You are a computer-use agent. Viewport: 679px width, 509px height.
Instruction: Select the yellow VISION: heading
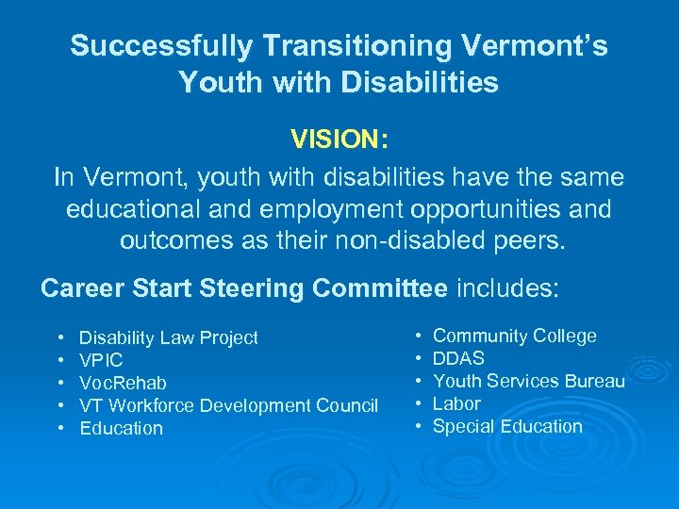coord(339,140)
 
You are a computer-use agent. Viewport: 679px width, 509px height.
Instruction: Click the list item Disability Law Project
coord(168,337)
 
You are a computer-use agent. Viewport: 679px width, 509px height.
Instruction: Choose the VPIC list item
coord(101,360)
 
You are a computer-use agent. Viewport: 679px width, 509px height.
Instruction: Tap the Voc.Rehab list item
coord(123,383)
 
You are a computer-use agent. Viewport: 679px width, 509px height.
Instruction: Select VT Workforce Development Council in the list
coord(228,405)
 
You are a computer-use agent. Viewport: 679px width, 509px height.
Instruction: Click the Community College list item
coord(514,336)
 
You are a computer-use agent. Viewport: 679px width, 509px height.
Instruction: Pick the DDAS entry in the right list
coord(458,358)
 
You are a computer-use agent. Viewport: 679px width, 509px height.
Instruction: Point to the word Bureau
coord(594,381)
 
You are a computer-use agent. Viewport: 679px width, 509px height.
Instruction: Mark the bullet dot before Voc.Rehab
coord(60,383)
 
